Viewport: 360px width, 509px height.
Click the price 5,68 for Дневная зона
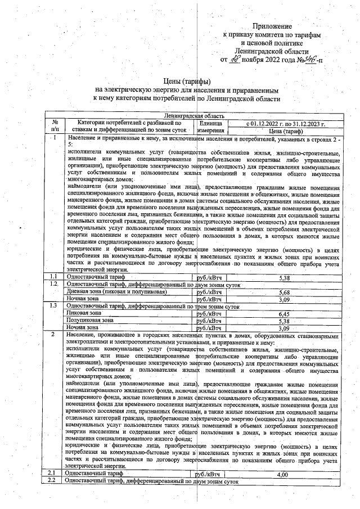[x=284, y=292]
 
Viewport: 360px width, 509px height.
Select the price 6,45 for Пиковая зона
[x=284, y=313]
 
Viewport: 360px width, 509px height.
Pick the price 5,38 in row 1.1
[x=284, y=277]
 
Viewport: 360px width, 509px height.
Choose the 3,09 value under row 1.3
[x=284, y=327]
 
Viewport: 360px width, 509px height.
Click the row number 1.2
[x=53, y=285]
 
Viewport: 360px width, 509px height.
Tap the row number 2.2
[x=53, y=482]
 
